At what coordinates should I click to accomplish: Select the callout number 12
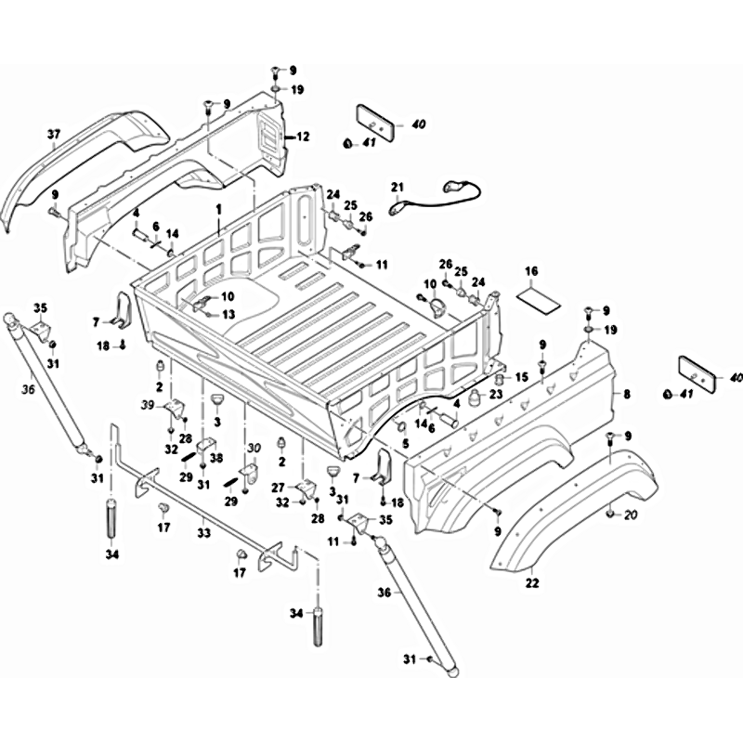tap(303, 137)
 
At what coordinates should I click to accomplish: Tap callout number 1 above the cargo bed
tap(218, 210)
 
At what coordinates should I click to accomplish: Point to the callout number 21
tap(398, 188)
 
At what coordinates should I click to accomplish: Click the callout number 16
tap(531, 271)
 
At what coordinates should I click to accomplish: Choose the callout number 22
tap(532, 584)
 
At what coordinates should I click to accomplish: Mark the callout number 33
tap(203, 534)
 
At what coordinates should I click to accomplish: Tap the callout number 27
tap(278, 488)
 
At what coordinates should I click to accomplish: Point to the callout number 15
tap(521, 376)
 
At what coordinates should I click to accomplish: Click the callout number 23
tap(496, 394)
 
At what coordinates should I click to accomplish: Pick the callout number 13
tap(227, 315)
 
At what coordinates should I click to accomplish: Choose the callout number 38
tap(216, 458)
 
